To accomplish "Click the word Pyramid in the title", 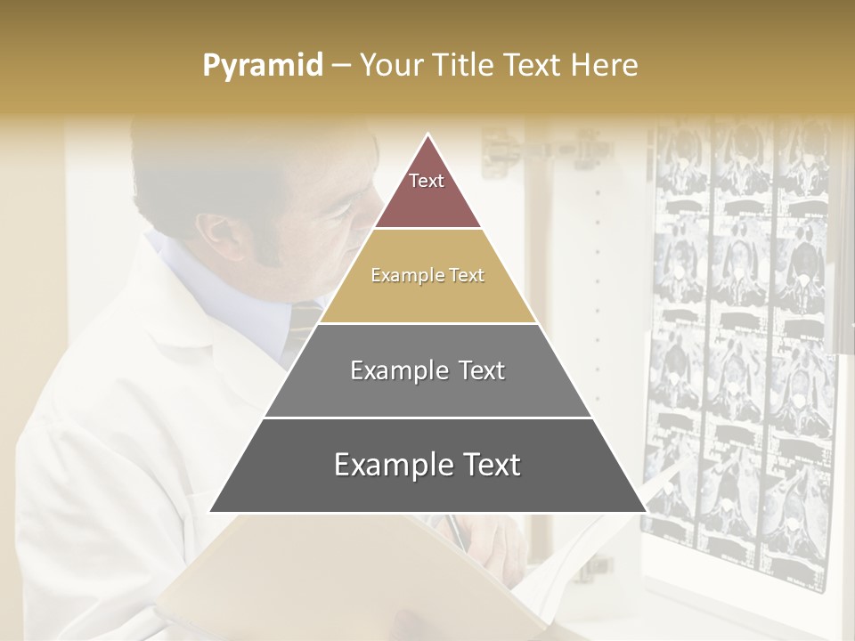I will (x=263, y=66).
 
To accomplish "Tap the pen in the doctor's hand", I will (x=454, y=531).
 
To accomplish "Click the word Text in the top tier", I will (x=427, y=181).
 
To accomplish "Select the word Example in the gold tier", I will (x=401, y=276).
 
